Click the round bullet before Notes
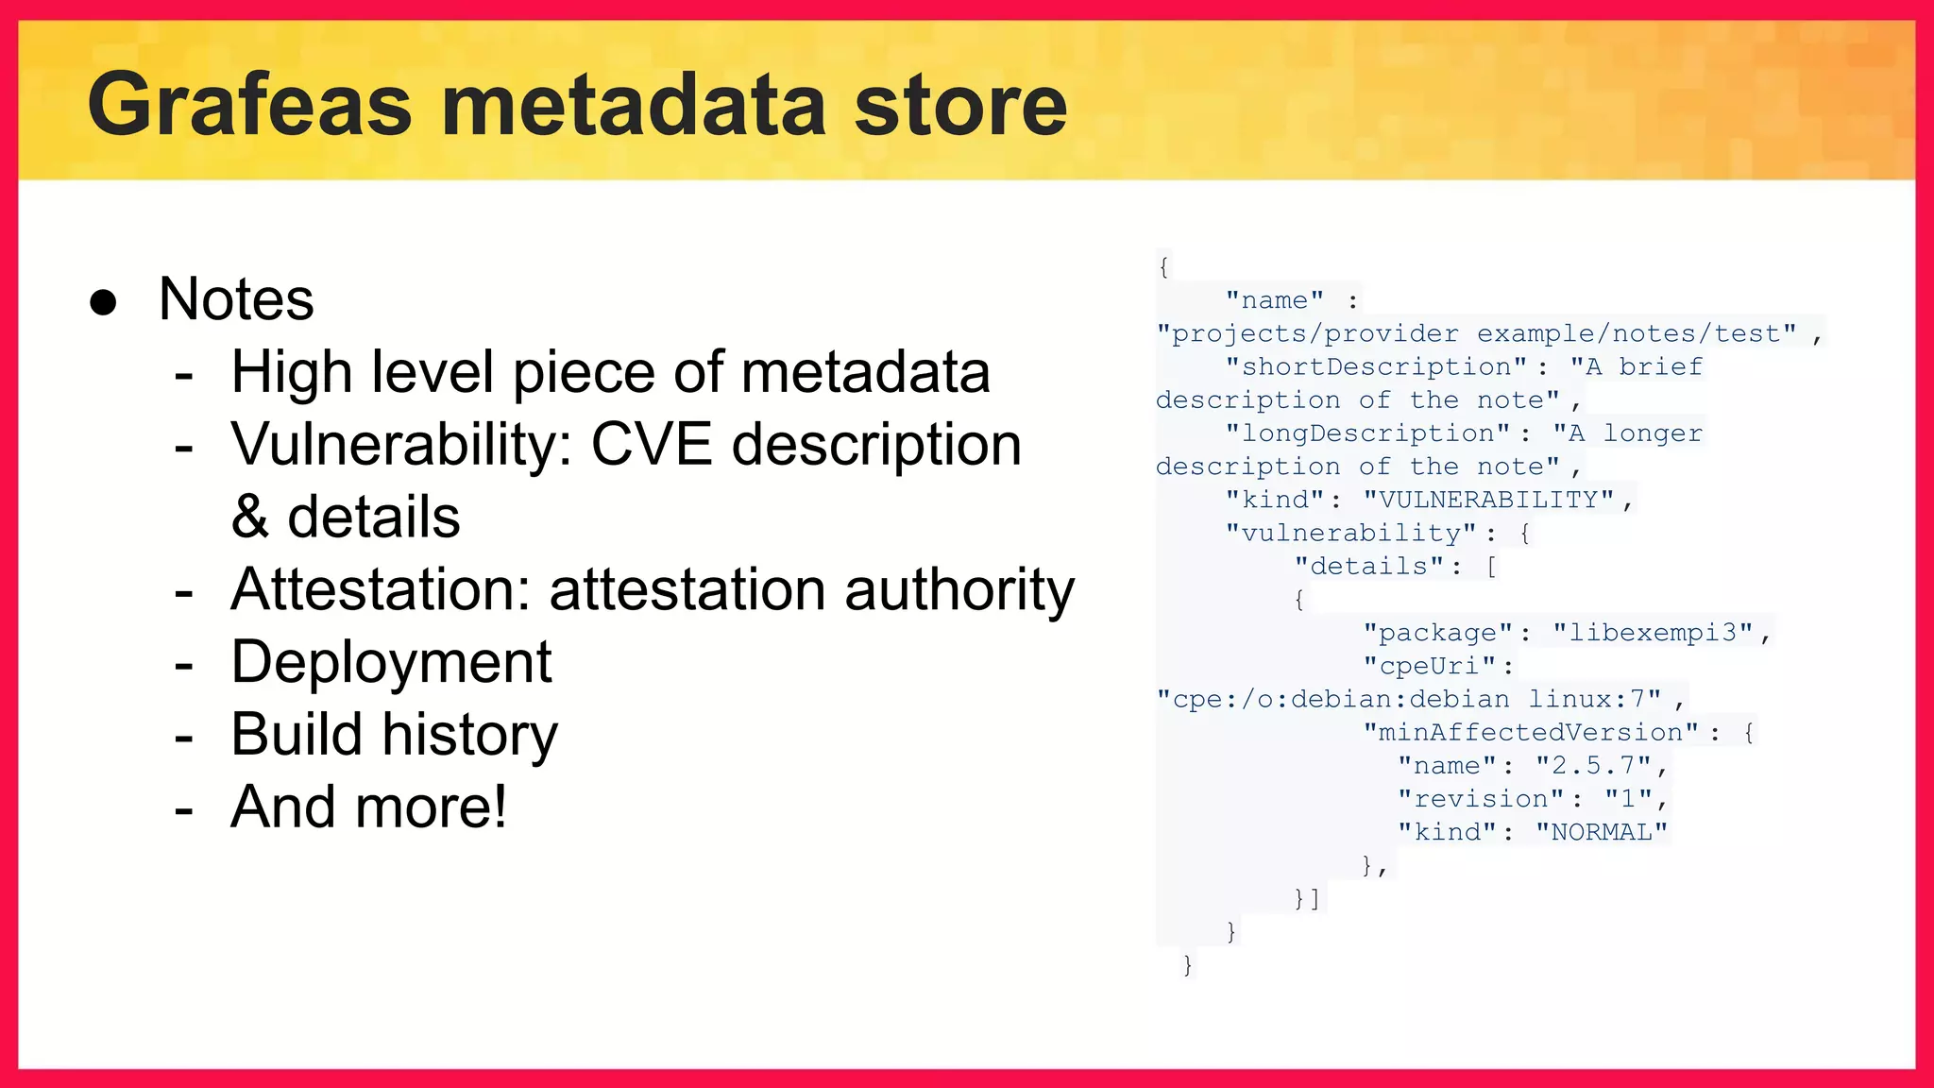103,302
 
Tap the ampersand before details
249,518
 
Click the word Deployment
391,662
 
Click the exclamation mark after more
498,807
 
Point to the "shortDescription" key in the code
1375,366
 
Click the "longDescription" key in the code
1366,433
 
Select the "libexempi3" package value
1654,633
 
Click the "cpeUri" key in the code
1430,666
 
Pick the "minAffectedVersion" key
1530,733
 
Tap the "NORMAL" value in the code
1602,832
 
